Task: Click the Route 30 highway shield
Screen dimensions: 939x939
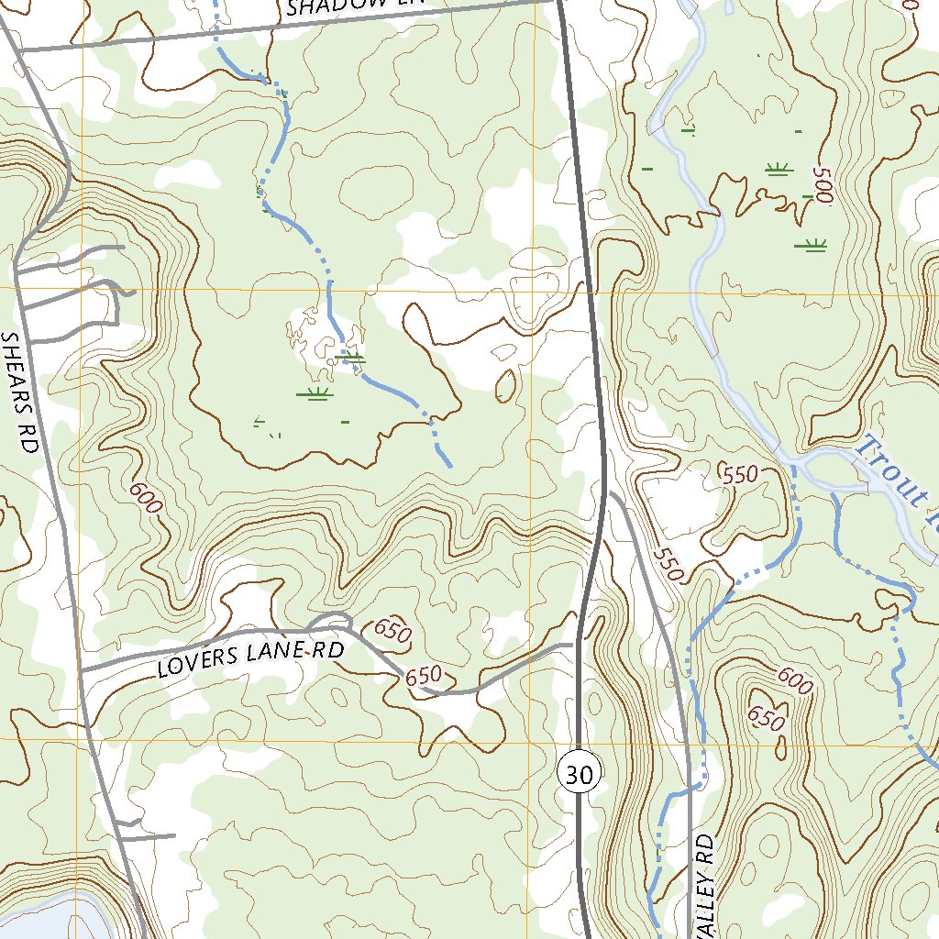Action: (x=580, y=775)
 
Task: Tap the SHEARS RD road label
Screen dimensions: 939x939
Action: (x=20, y=392)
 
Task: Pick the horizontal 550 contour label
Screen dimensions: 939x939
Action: (x=740, y=475)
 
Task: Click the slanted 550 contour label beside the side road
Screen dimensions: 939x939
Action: (x=670, y=565)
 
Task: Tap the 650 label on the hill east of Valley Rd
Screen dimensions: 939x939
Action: (x=767, y=717)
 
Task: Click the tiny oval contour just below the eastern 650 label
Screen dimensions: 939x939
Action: (x=779, y=747)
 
